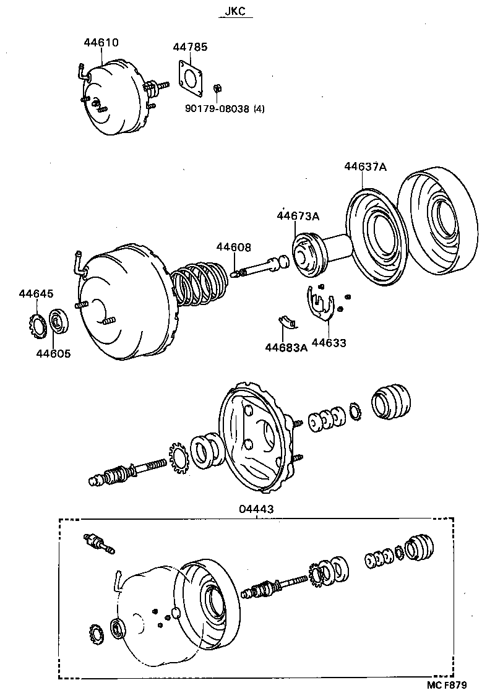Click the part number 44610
coord(101,43)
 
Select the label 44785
coord(190,47)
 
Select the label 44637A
coord(365,166)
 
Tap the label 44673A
coord(298,216)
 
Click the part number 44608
coord(233,247)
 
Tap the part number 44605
coord(53,354)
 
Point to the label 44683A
coord(286,348)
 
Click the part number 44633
coord(329,343)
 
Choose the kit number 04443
coord(256,509)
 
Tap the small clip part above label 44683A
coord(287,322)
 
